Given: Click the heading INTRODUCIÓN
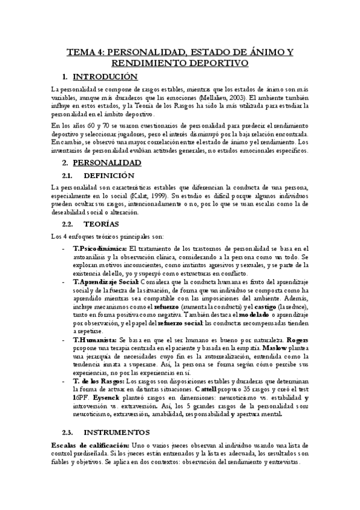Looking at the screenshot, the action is click(x=105, y=77).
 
